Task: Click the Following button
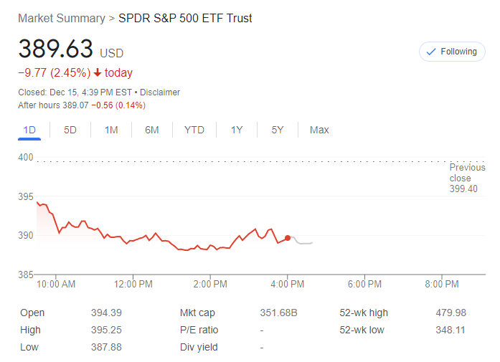coord(452,52)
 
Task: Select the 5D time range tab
coord(70,130)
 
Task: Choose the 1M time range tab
coord(111,130)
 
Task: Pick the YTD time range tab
coord(194,130)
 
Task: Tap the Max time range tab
coord(319,130)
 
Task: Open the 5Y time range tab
coord(278,130)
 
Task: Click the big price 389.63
coord(56,49)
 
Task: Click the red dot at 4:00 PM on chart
coord(288,238)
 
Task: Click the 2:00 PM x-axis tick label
coord(211,284)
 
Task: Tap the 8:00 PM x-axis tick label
coord(442,284)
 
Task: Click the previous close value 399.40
coord(463,189)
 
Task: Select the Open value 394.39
coord(105,313)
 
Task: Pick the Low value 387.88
coord(105,347)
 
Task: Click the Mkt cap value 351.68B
coord(278,313)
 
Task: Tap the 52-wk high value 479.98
coord(451,313)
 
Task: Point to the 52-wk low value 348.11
coord(451,330)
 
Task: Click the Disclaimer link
coord(160,92)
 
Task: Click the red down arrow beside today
coord(98,73)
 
